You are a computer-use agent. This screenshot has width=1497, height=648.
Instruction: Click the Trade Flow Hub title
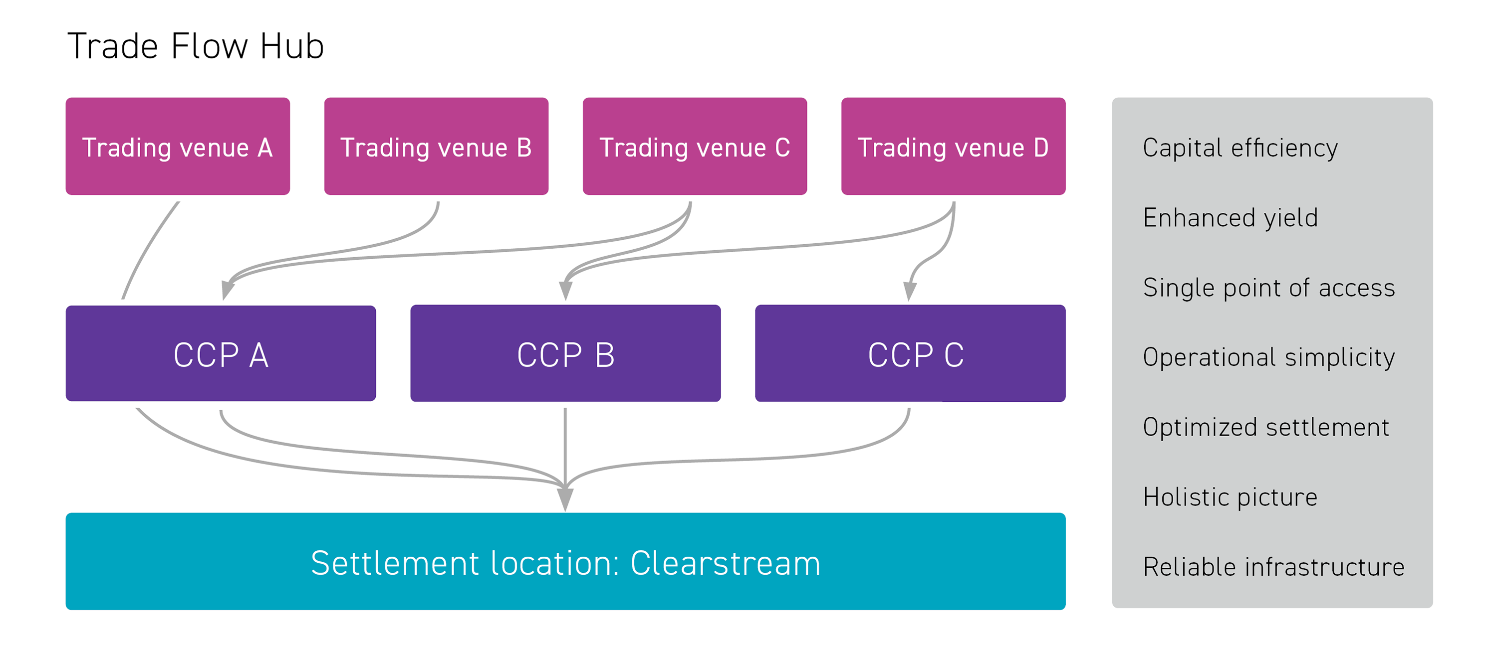click(x=195, y=46)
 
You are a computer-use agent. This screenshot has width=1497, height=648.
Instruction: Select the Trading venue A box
click(x=177, y=147)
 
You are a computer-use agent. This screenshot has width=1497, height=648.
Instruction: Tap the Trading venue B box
click(x=436, y=147)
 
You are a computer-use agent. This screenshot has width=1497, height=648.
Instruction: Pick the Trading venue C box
click(x=695, y=147)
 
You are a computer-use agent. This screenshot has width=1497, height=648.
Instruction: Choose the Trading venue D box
click(x=953, y=147)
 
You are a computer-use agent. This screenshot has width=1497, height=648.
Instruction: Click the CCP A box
click(x=221, y=353)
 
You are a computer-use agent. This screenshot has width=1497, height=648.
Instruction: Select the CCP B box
click(x=565, y=353)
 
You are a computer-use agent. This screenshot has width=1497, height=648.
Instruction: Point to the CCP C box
click(x=910, y=353)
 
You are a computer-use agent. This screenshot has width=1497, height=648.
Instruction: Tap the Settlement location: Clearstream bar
click(x=565, y=561)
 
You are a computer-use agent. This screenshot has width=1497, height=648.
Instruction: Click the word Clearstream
click(x=725, y=563)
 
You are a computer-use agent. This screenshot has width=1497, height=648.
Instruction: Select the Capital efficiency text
click(x=1240, y=148)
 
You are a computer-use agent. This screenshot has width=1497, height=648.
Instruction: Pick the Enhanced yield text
click(x=1230, y=218)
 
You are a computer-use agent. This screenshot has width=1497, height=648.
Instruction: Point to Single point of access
click(x=1268, y=288)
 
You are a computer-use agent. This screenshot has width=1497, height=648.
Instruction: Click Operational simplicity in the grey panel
click(x=1268, y=357)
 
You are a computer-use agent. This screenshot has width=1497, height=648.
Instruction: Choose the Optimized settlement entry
click(x=1265, y=427)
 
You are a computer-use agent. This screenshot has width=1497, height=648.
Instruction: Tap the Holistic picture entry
click(x=1230, y=497)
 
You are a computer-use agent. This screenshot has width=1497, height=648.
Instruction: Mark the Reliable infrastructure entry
click(x=1273, y=567)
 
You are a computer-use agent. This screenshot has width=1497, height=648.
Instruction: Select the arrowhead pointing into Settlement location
click(x=565, y=499)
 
